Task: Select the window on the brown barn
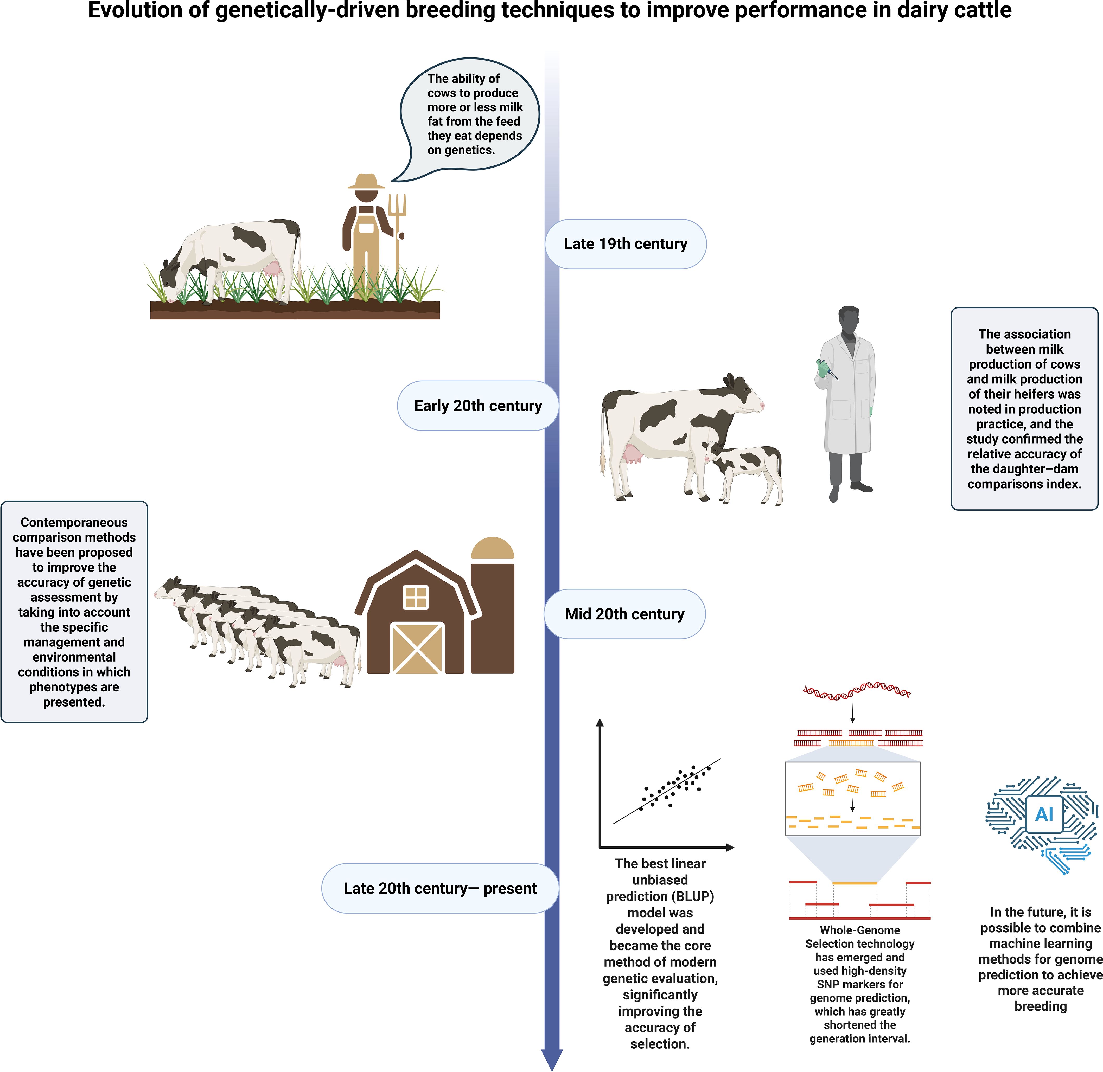pyautogui.click(x=416, y=597)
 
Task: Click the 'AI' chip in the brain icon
pyautogui.click(x=1044, y=814)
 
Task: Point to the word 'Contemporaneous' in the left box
pyautogui.click(x=74, y=523)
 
